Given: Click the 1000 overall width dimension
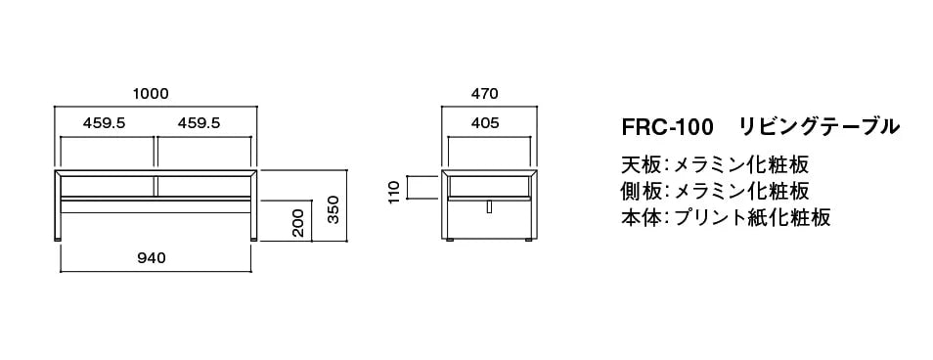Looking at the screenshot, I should (x=152, y=94).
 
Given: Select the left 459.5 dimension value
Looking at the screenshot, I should (x=105, y=123).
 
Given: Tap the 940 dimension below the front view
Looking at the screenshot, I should (x=152, y=258).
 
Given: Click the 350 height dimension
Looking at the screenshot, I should (x=333, y=209).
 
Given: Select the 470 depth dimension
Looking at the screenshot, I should (x=485, y=94).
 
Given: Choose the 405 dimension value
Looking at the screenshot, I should (x=485, y=123).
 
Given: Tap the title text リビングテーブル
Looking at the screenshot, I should (x=818, y=126).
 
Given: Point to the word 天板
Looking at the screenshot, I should (x=639, y=163).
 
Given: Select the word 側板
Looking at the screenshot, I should (x=639, y=190).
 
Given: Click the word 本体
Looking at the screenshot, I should (x=639, y=217).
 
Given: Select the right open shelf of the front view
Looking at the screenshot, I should (x=201, y=185).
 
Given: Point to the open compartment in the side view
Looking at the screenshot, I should (x=489, y=185).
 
